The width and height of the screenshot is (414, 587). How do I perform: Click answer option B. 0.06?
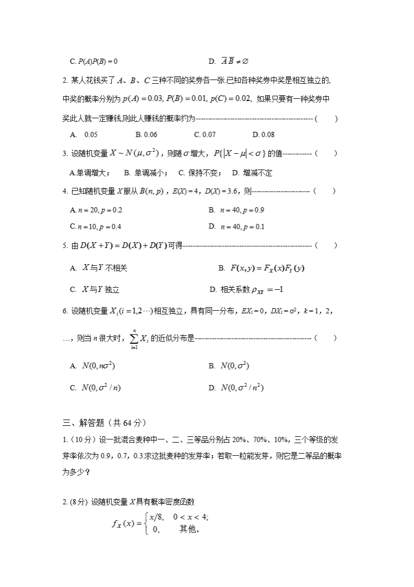click(x=146, y=135)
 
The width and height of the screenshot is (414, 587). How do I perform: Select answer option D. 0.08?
click(x=263, y=135)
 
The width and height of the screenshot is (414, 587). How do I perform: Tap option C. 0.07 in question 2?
click(x=205, y=135)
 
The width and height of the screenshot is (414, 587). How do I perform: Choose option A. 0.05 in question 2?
click(x=84, y=135)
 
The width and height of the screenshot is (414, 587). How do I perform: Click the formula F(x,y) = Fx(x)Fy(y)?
click(x=267, y=268)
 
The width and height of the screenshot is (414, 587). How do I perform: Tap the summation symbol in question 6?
click(x=134, y=338)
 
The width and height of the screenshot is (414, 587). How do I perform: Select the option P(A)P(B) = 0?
click(x=94, y=62)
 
